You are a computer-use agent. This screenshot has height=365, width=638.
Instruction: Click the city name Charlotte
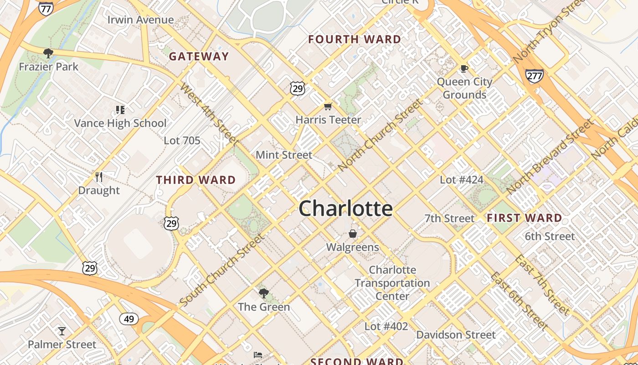pyautogui.click(x=346, y=209)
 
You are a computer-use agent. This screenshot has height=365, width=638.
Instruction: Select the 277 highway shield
pyautogui.click(x=534, y=75)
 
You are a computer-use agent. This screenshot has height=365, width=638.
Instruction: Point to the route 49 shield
pyautogui.click(x=129, y=318)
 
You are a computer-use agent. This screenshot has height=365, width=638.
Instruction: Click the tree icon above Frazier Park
pyautogui.click(x=48, y=53)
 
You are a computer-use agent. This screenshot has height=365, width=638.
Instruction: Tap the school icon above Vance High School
pyautogui.click(x=120, y=109)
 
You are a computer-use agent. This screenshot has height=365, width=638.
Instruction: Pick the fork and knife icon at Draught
pyautogui.click(x=98, y=177)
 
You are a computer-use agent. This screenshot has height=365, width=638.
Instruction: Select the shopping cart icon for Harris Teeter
pyautogui.click(x=328, y=107)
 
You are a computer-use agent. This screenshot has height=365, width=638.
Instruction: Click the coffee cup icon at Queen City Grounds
pyautogui.click(x=464, y=69)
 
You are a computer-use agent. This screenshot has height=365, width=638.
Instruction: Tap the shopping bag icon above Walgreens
pyautogui.click(x=352, y=234)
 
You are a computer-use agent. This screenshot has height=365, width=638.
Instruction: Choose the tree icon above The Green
pyautogui.click(x=263, y=293)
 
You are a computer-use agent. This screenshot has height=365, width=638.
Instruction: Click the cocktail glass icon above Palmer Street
pyautogui.click(x=62, y=331)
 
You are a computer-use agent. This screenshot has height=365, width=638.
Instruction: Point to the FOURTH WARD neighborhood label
pyautogui.click(x=355, y=39)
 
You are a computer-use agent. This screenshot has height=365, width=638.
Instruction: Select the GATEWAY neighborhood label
pyautogui.click(x=199, y=57)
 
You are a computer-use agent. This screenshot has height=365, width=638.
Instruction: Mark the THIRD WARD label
pyautogui.click(x=196, y=180)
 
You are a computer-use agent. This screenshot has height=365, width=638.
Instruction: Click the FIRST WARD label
pyautogui.click(x=525, y=218)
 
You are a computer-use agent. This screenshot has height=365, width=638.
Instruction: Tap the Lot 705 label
pyautogui.click(x=182, y=141)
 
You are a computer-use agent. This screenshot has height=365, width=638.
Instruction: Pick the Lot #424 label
pyautogui.click(x=462, y=180)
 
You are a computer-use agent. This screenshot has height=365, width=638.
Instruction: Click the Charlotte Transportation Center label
pyautogui.click(x=392, y=283)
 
